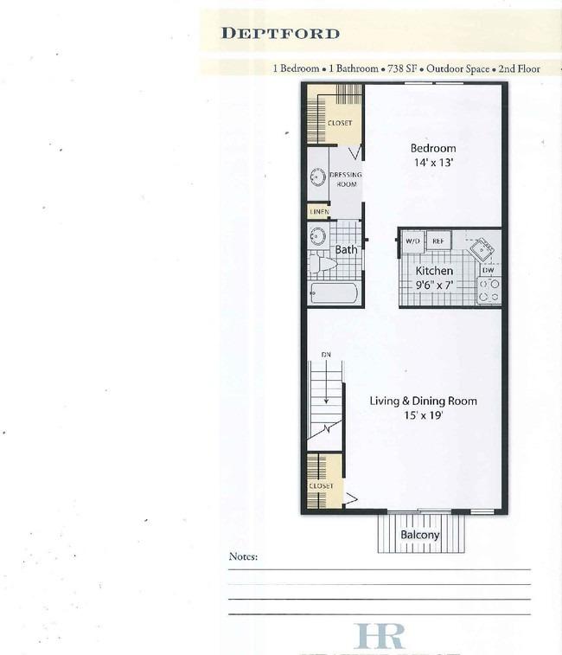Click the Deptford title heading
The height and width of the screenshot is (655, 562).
click(x=280, y=34)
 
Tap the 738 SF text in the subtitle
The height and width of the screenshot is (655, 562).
click(x=402, y=68)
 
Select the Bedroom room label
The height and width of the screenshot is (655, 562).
click(x=433, y=148)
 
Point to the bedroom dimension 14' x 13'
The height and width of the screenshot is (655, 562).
click(x=433, y=163)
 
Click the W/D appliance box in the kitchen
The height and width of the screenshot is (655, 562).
click(x=413, y=241)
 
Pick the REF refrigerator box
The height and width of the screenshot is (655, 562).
click(x=438, y=241)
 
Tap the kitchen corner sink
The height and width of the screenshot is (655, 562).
click(x=482, y=250)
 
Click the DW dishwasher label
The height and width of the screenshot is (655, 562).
click(x=489, y=270)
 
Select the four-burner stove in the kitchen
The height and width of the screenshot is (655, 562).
click(x=489, y=291)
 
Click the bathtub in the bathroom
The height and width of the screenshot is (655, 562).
click(x=334, y=293)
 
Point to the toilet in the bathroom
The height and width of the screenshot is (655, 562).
click(x=323, y=264)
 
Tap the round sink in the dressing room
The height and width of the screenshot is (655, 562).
click(x=318, y=177)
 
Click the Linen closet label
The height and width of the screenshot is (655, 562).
click(x=319, y=212)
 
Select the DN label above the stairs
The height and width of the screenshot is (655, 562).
click(x=326, y=355)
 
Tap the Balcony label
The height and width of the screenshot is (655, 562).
click(x=420, y=535)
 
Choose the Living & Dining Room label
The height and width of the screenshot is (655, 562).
click(x=424, y=401)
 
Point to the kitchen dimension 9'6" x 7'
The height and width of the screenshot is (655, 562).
click(x=434, y=286)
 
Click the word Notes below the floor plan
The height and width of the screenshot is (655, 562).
click(x=243, y=556)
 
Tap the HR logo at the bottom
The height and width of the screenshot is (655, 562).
click(x=379, y=635)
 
